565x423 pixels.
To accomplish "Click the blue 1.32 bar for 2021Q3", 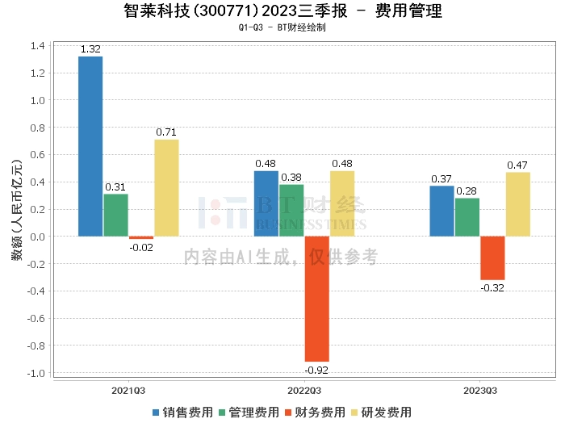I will pyautogui.click(x=90, y=146).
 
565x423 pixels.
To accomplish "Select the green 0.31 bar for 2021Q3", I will pyautogui.click(x=115, y=215).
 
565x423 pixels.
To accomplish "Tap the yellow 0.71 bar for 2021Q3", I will pyautogui.click(x=166, y=187).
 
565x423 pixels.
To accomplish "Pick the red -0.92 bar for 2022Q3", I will pyautogui.click(x=317, y=299).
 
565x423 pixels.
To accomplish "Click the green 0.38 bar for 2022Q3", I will pyautogui.click(x=291, y=210).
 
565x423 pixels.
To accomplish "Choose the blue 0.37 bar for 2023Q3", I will pyautogui.click(x=442, y=211).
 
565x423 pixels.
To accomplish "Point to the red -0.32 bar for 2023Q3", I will pyautogui.click(x=492, y=258).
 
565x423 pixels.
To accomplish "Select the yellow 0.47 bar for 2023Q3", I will pyautogui.click(x=518, y=203).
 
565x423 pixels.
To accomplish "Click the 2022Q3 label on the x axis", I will pyautogui.click(x=304, y=390).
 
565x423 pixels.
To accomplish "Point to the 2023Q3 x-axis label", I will pyautogui.click(x=480, y=390).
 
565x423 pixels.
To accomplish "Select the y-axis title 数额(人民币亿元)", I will pyautogui.click(x=16, y=210).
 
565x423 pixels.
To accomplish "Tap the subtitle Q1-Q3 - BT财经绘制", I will pyautogui.click(x=282, y=27).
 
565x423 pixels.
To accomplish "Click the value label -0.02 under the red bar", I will pyautogui.click(x=141, y=246).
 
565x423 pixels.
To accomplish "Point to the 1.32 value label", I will pyautogui.click(x=90, y=49).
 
